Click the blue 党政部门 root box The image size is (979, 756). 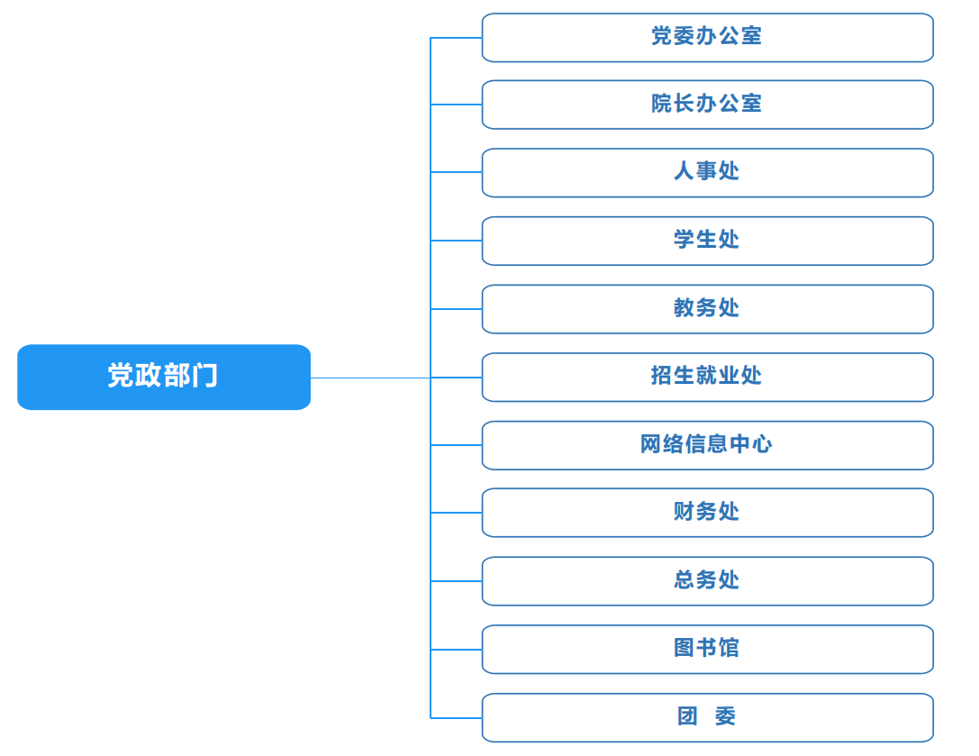[164, 377]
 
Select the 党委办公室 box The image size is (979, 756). [707, 38]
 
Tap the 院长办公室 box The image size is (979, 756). [707, 105]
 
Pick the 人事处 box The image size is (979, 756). [707, 172]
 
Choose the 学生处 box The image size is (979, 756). [707, 241]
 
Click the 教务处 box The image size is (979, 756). [707, 309]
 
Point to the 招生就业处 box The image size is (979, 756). [707, 377]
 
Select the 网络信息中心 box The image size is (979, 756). [707, 445]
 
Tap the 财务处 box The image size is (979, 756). [707, 513]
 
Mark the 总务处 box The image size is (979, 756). [707, 581]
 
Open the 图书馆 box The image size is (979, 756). [707, 649]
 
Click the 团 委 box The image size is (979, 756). [707, 717]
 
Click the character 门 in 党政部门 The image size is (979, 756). [205, 376]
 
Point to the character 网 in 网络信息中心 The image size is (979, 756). [650, 443]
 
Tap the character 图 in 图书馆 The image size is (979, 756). [684, 647]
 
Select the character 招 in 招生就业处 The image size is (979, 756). [662, 375]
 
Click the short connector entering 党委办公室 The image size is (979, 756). [457, 38]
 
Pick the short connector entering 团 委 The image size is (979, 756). [457, 718]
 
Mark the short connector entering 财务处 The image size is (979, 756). [457, 513]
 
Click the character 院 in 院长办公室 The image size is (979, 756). [662, 103]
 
